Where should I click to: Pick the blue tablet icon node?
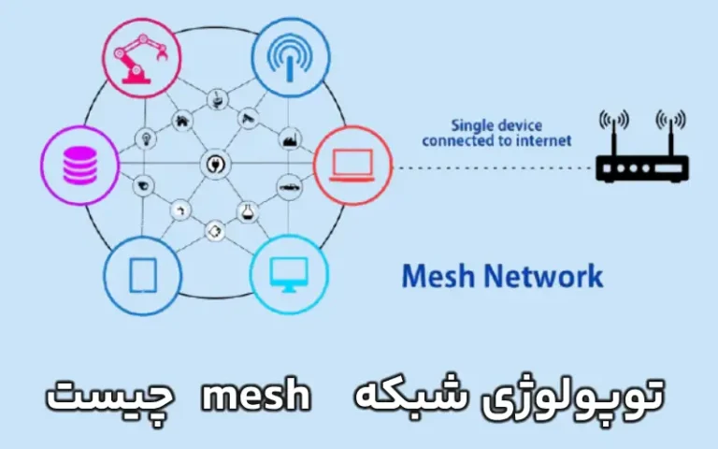tap(142, 274)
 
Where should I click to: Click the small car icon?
tap(289, 187)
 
